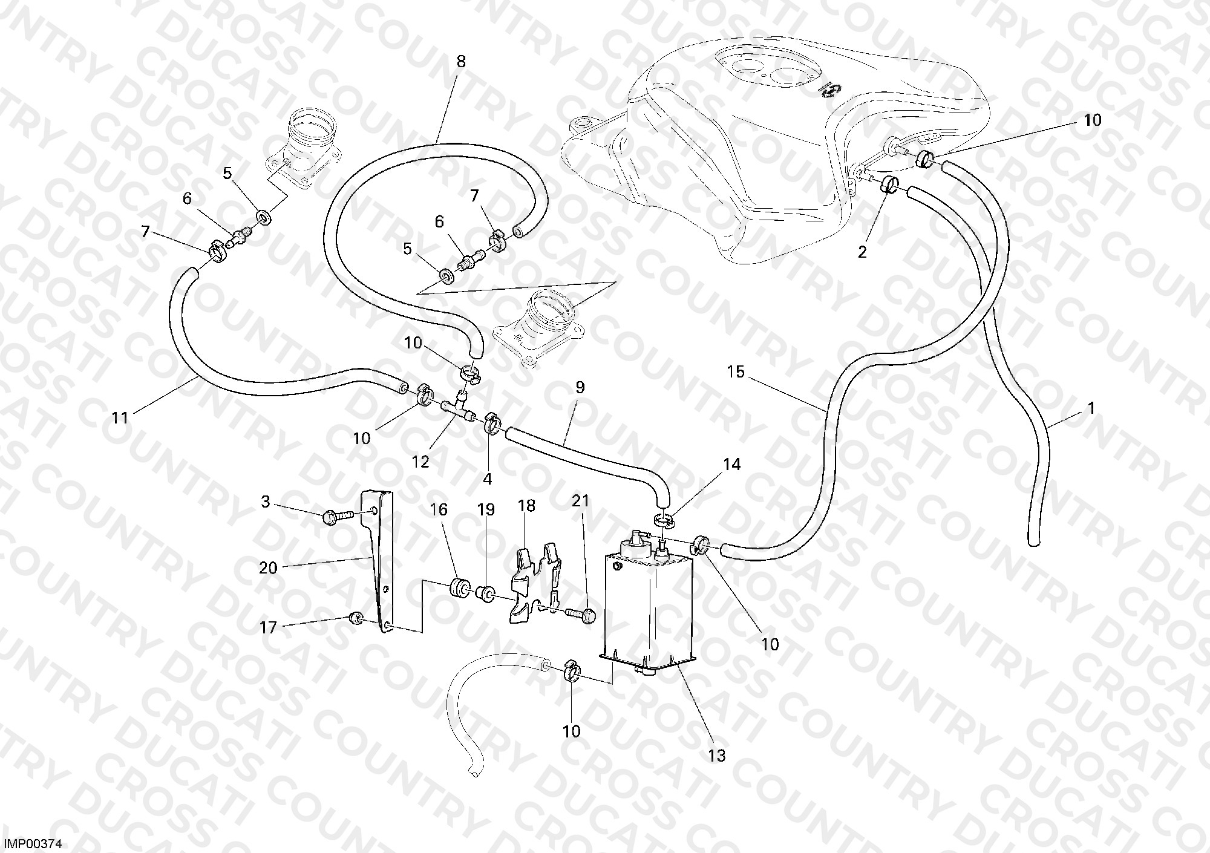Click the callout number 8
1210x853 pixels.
point(461,62)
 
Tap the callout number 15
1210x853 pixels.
point(736,371)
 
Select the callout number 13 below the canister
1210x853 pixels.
point(717,756)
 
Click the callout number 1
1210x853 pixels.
point(1091,409)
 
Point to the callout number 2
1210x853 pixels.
point(862,252)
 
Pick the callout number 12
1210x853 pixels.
point(420,462)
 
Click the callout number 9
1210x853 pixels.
point(580,388)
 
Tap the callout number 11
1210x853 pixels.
point(120,418)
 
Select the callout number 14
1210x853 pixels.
point(731,465)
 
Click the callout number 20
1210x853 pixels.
point(268,568)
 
